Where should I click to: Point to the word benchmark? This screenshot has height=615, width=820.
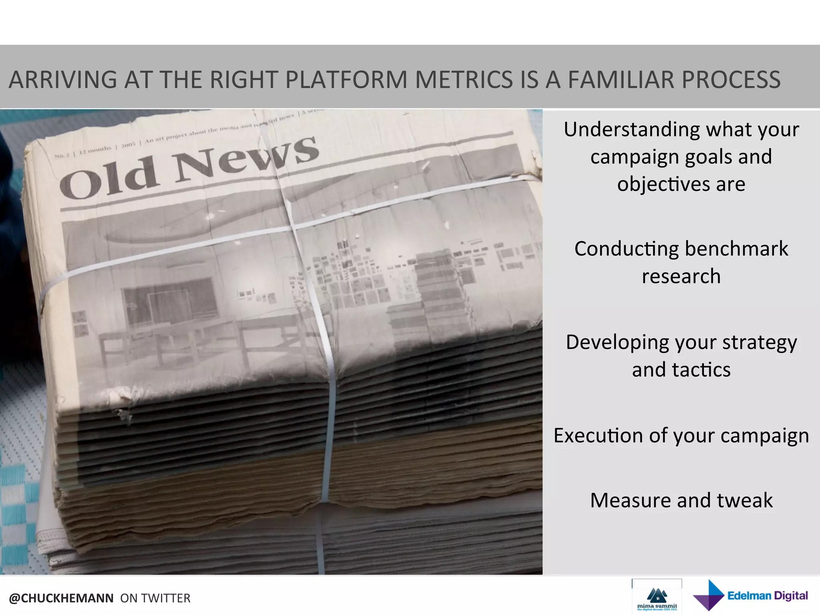(737, 249)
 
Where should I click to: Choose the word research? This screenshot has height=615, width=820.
(681, 277)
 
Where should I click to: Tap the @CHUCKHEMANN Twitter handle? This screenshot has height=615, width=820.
(61, 598)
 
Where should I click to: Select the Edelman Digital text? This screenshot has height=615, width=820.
(767, 596)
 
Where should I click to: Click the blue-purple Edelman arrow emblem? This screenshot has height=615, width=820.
(709, 595)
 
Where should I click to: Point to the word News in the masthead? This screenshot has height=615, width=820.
(246, 158)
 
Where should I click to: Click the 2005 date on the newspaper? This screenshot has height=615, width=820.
(128, 145)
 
